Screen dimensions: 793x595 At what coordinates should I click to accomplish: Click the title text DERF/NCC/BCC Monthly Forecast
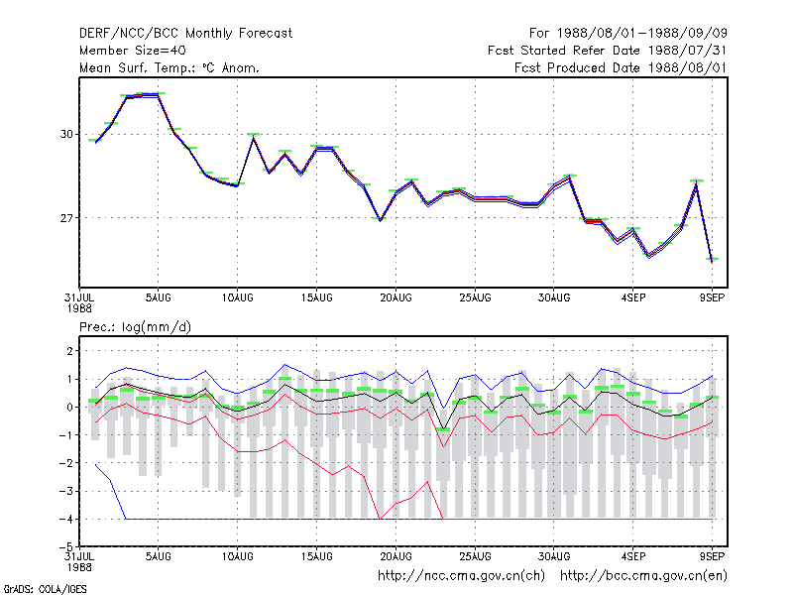point(185,34)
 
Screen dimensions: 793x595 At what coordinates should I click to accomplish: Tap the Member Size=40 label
point(133,51)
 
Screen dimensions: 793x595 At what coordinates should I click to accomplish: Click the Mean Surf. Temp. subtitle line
point(169,67)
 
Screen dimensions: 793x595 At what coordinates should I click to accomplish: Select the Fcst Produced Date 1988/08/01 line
point(621,67)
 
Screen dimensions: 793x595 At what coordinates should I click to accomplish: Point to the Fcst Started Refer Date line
point(608,51)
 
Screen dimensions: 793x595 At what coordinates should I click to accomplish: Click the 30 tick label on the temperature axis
point(66,135)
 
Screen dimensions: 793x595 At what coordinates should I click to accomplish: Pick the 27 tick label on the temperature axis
point(66,218)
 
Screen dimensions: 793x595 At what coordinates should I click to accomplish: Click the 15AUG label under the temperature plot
point(316,297)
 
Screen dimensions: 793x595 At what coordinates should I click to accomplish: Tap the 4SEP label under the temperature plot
point(633,297)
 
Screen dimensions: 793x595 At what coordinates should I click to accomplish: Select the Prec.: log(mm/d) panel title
point(135,327)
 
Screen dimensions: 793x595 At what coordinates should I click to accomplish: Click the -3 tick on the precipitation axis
point(65,491)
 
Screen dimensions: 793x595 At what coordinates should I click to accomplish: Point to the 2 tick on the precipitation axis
point(69,351)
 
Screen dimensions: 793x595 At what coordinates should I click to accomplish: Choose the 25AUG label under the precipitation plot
point(475,556)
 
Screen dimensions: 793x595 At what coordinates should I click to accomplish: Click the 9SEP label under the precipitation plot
point(712,556)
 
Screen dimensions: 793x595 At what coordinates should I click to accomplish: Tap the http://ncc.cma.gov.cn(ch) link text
point(461,576)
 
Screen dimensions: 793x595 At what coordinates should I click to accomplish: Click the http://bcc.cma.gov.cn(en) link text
point(643,576)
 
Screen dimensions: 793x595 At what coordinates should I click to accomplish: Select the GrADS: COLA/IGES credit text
point(45,589)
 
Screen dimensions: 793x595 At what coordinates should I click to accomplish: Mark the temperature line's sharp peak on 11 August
point(254,137)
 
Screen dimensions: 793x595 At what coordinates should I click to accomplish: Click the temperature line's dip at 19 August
point(381,220)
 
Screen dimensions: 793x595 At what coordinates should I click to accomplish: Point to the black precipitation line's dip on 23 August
point(443,429)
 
